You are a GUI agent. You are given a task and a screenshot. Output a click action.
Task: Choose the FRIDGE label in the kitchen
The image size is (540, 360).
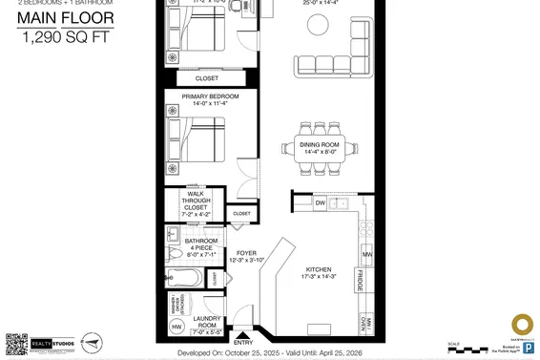(361, 281)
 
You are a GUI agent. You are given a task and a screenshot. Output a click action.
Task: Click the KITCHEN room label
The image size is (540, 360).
(318, 270)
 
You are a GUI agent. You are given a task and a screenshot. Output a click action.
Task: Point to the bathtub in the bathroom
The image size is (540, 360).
(185, 279)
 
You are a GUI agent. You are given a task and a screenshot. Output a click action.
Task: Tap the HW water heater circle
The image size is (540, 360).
(176, 327)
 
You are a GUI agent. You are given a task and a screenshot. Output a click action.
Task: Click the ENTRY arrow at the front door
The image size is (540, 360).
(243, 334)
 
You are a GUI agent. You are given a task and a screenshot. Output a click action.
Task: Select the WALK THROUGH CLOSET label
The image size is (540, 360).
(196, 200)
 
